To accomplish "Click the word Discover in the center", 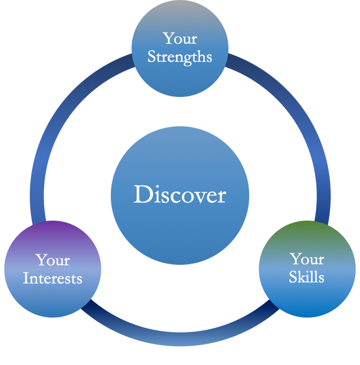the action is click(180, 194).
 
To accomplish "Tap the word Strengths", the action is click(180, 57).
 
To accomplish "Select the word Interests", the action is click(53, 278).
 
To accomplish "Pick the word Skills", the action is click(307, 277).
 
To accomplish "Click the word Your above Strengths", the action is click(180, 38).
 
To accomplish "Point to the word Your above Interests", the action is click(53, 260).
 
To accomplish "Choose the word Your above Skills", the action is click(307, 258).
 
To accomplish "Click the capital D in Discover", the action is click(143, 194).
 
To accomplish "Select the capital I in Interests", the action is click(26, 278).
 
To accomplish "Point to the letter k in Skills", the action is click(303, 277).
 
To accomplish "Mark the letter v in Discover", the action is click(197, 197).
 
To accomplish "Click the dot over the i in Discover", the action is click(158, 186).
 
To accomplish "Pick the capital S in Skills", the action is click(293, 277).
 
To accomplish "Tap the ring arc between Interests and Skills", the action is click(180, 339).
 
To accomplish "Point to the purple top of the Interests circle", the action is click(53, 227).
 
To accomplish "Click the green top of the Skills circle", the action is click(307, 227).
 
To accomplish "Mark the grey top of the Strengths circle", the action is click(180, 7).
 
